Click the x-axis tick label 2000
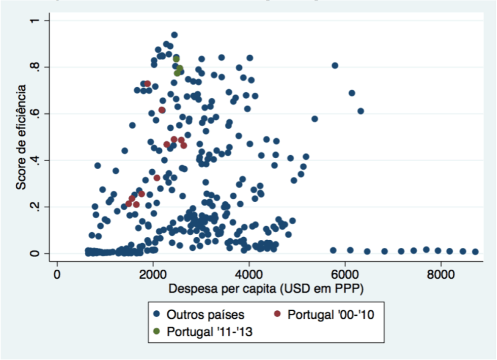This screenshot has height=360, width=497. point(153,273)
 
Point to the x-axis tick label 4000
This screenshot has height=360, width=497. point(249,273)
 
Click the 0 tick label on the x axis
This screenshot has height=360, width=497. point(57,273)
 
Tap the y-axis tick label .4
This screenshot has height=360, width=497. point(37,160)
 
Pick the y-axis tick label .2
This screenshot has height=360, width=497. point(37,207)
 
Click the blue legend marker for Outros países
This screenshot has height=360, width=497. point(156,314)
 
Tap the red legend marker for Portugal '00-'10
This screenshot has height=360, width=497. point(277,314)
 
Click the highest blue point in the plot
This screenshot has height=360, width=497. point(174,35)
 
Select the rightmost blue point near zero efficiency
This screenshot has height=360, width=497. point(475,252)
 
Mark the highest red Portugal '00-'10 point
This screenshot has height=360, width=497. point(147,84)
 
